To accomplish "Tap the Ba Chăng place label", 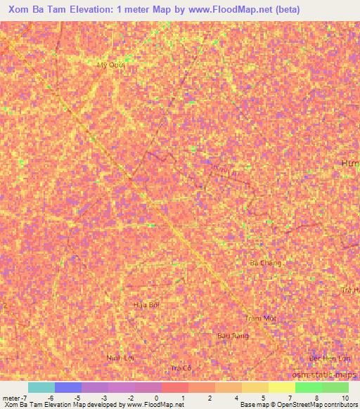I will (266, 263).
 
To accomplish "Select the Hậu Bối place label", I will (147, 305).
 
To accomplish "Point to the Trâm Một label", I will (259, 318).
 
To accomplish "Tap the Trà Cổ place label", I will (181, 368).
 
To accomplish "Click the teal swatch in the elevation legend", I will (41, 387).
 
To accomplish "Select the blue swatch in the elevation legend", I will (67, 387).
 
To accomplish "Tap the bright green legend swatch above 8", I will (308, 387).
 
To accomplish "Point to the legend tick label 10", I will (345, 398).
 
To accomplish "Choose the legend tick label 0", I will (156, 398).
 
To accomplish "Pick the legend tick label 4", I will (237, 398).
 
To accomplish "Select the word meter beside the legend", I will (11, 398).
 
